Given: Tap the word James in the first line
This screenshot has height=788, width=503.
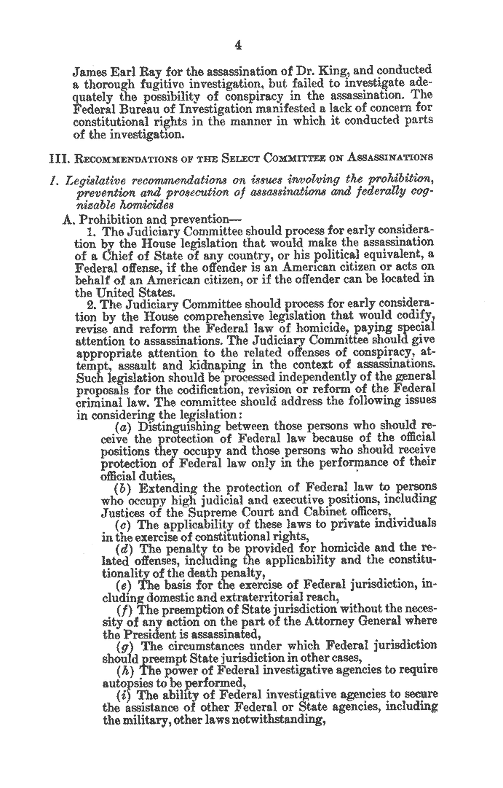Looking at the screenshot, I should click(90, 71).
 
